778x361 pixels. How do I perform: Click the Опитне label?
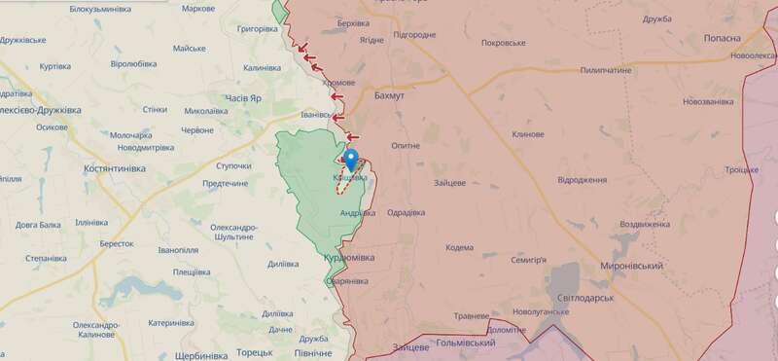click(x=405, y=145)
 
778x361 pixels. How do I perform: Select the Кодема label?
click(x=459, y=247)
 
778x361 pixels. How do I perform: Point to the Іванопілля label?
click(x=178, y=250)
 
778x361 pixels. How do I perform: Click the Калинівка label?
click(x=262, y=67)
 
